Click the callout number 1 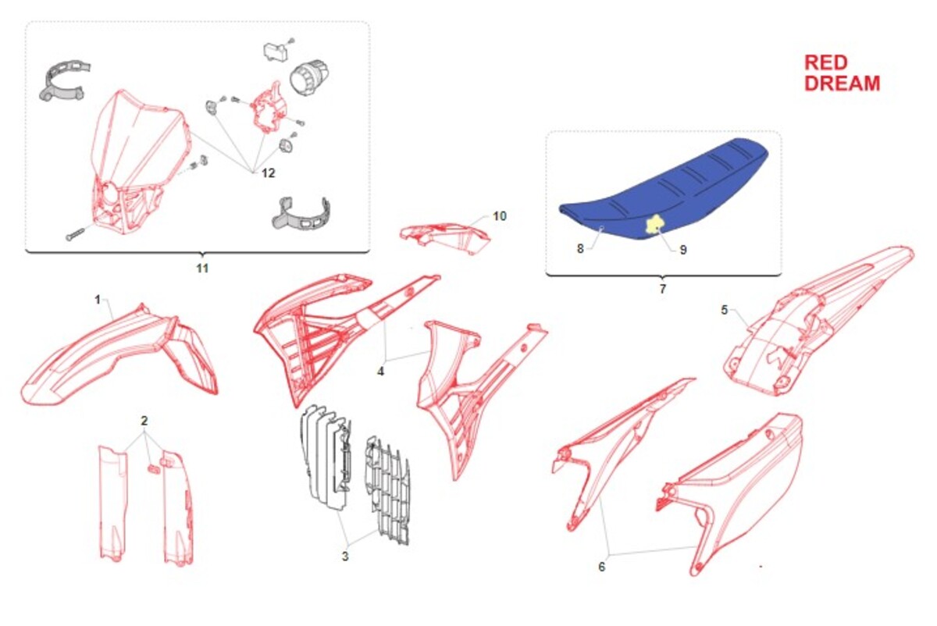98,300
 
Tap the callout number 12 268,173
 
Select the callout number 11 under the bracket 202,268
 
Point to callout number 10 500,216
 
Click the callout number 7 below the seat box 663,289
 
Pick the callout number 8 580,249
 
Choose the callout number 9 683,250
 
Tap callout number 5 725,311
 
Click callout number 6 602,567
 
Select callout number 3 345,557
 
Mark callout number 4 381,372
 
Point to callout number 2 144,421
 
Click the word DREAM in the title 843,84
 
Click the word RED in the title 826,62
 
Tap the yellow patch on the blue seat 654,224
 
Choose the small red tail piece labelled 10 444,237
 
